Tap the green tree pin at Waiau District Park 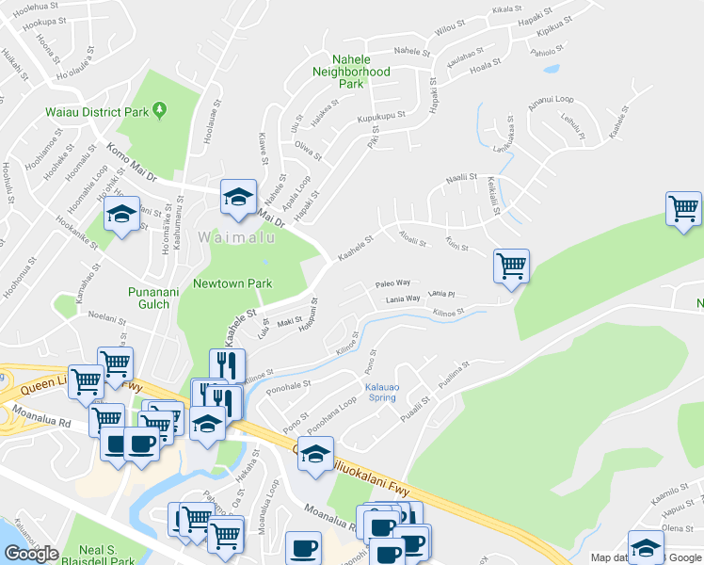[160, 111]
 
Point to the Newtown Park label [232, 283]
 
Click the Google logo [31, 554]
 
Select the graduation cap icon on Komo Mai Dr [238, 197]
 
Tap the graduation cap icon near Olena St [646, 548]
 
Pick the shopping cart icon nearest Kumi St [511, 266]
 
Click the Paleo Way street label [392, 282]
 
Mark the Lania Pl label [441, 294]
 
